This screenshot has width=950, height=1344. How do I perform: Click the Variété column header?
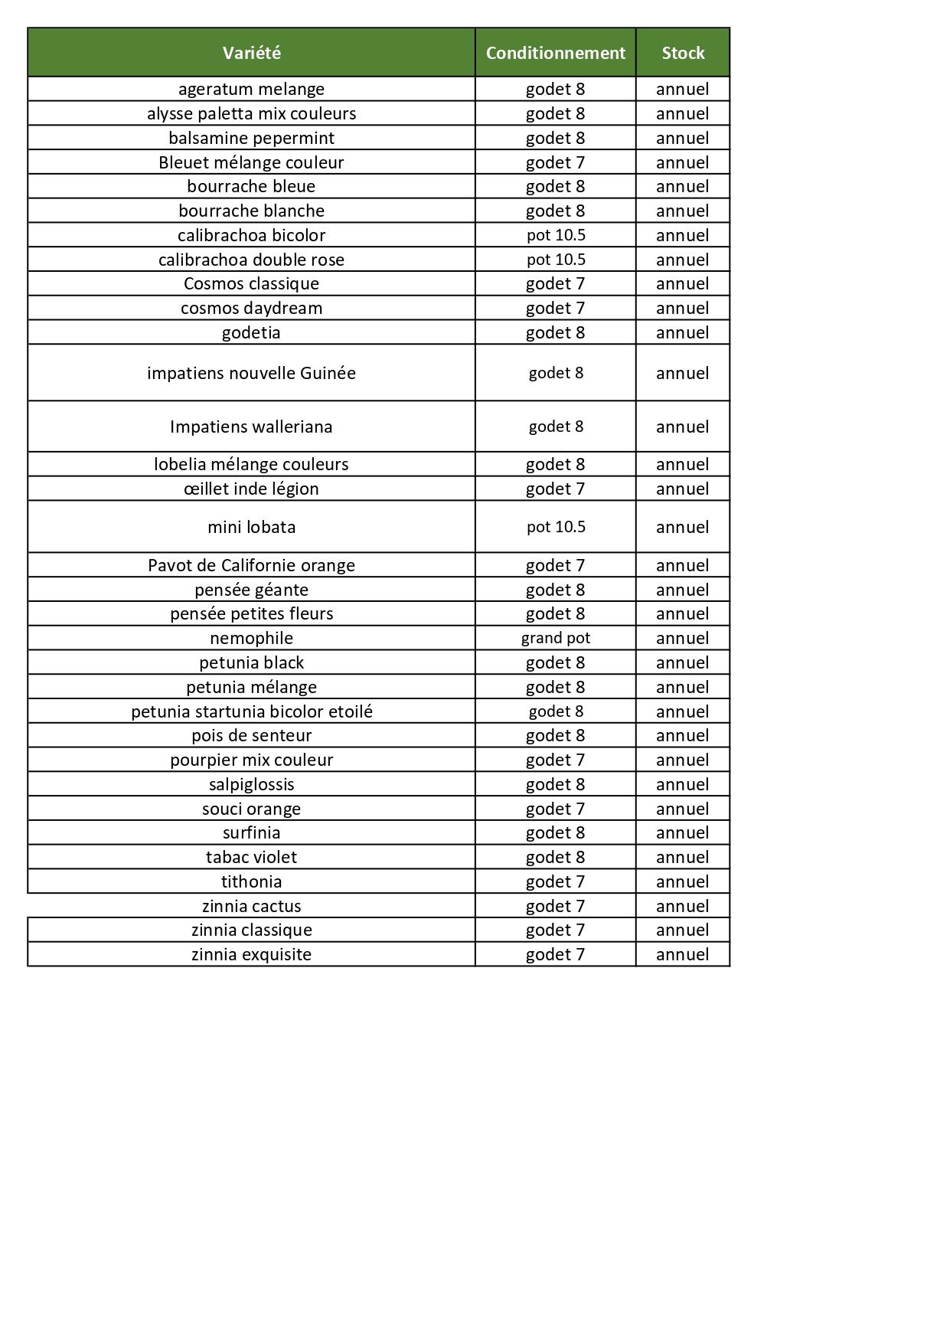(251, 53)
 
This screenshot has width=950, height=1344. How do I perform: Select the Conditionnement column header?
(555, 53)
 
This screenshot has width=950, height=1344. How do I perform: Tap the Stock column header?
(682, 53)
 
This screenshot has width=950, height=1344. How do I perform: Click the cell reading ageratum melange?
(251, 89)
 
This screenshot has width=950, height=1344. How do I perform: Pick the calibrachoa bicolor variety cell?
(251, 235)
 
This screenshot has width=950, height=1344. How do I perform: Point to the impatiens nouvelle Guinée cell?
(251, 373)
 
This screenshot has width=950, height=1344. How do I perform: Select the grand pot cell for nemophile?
(555, 638)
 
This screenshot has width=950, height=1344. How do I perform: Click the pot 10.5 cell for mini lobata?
(555, 527)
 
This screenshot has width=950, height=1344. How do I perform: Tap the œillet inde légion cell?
(251, 489)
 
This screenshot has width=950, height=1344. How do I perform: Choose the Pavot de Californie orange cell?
(251, 565)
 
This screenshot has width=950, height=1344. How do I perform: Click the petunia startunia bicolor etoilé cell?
(251, 711)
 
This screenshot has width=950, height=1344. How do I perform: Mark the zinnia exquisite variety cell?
(251, 954)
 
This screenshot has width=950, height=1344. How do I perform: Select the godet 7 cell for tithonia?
(555, 881)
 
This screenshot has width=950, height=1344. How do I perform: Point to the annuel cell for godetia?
(682, 332)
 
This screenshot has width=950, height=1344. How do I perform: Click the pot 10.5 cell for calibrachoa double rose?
(555, 260)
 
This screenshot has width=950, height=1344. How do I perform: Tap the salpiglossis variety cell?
(251, 784)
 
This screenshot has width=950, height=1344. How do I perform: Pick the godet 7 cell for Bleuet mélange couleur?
(555, 162)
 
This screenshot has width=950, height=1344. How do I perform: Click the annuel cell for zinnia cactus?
(682, 906)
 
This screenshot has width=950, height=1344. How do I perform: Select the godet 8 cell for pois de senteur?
(555, 735)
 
